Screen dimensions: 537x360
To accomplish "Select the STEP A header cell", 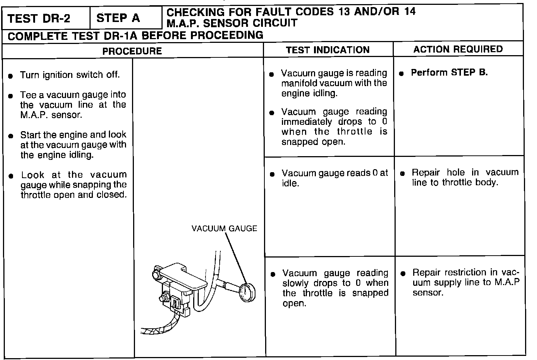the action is (x=118, y=18).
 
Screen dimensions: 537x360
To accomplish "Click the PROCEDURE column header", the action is (x=132, y=51).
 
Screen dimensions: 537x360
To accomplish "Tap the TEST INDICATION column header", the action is (x=327, y=50).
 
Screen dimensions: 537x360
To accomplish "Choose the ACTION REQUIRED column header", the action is (x=458, y=49).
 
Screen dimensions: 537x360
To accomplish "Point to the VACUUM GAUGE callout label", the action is (x=224, y=228).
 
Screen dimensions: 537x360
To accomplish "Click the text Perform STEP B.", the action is (x=449, y=73).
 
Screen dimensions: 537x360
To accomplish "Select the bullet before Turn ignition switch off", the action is (x=11, y=76).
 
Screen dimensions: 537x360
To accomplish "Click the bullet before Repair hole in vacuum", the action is (x=402, y=174).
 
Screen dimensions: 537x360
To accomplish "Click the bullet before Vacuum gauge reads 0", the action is (x=272, y=174).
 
